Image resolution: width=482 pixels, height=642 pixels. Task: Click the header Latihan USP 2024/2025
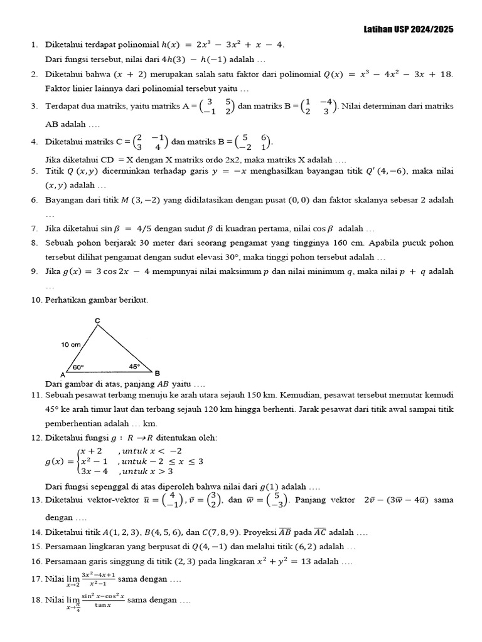click(x=409, y=29)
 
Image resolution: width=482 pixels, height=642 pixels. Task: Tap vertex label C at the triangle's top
click(x=97, y=321)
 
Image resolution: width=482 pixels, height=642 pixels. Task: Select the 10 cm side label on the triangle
click(x=71, y=345)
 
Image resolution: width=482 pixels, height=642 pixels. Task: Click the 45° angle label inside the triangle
click(x=134, y=367)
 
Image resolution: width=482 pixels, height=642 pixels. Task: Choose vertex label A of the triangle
click(x=63, y=374)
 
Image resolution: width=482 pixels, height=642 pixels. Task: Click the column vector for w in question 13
click(x=280, y=500)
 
